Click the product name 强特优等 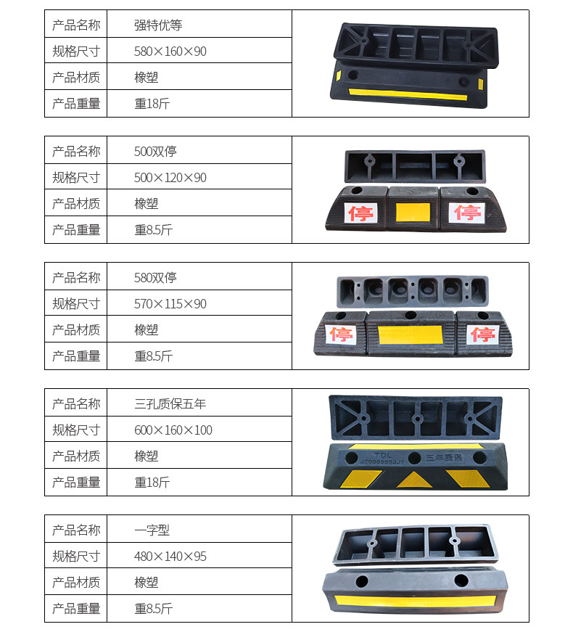158,25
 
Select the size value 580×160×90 170,52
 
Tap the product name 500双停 155,152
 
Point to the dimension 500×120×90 170,178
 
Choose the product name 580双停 155,278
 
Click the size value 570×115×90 170,304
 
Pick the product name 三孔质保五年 170,404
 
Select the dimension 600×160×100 173,430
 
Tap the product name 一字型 152,530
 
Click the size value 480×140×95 170,557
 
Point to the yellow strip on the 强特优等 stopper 407,94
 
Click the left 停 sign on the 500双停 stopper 360,213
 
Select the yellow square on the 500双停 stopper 413,212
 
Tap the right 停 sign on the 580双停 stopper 482,335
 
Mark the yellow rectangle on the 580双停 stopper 411,335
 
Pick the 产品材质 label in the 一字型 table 76,583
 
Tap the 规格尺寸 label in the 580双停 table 76,304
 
